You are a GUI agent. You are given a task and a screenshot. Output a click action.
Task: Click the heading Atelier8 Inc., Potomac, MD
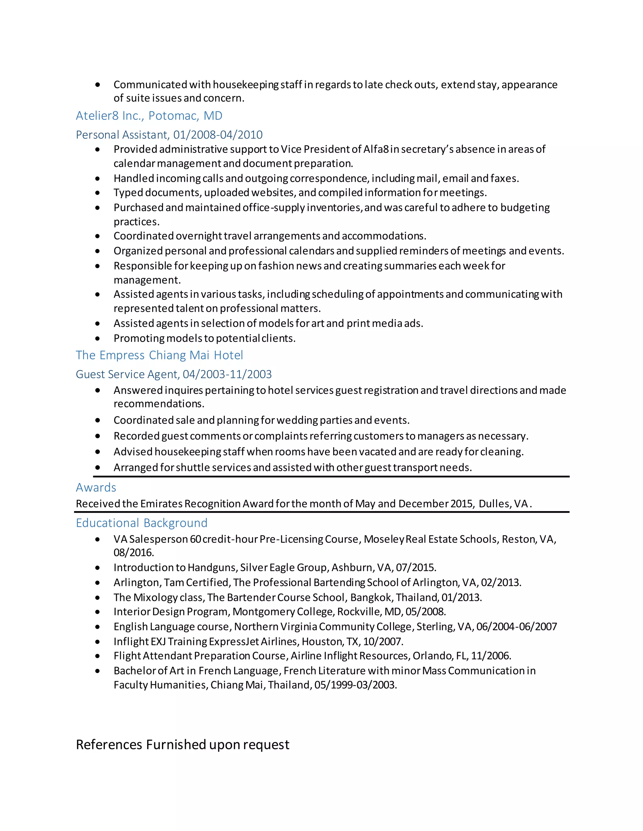149,116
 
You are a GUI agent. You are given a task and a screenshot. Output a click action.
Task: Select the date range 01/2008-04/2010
218,135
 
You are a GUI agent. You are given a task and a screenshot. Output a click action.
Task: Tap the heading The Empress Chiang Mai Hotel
159,355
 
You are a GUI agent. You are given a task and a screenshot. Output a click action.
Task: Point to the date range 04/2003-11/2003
227,374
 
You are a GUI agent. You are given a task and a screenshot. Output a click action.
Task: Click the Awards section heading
96,487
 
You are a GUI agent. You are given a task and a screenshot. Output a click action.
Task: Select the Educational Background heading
142,523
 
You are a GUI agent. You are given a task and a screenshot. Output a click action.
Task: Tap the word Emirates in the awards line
161,504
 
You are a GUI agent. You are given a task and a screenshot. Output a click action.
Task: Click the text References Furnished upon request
182,744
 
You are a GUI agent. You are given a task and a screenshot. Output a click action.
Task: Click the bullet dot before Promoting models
98,338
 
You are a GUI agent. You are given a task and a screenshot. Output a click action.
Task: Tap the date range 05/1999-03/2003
355,685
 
